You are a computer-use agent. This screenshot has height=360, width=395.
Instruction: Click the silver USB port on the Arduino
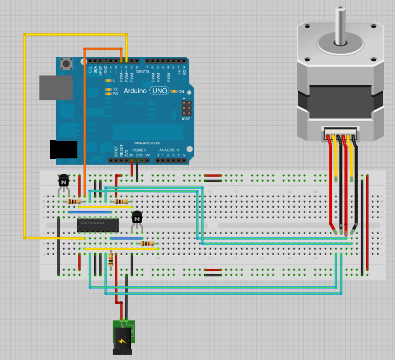(55, 88)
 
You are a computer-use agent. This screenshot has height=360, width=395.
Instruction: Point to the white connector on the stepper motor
(340, 133)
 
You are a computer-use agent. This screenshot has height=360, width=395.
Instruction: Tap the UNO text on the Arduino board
(158, 91)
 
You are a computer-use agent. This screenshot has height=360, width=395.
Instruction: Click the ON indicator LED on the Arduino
(174, 92)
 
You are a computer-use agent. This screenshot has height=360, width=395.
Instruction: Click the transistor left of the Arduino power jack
(63, 180)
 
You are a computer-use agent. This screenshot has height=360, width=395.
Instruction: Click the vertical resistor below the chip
(111, 259)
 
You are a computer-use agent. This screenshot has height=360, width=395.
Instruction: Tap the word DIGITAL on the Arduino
(143, 72)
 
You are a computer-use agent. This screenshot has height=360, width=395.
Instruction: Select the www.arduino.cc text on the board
(147, 143)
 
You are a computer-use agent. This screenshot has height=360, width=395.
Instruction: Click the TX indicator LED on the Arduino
(108, 89)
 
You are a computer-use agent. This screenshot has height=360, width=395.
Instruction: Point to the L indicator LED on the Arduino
(108, 81)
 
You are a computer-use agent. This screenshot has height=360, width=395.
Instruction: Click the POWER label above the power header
(139, 150)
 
